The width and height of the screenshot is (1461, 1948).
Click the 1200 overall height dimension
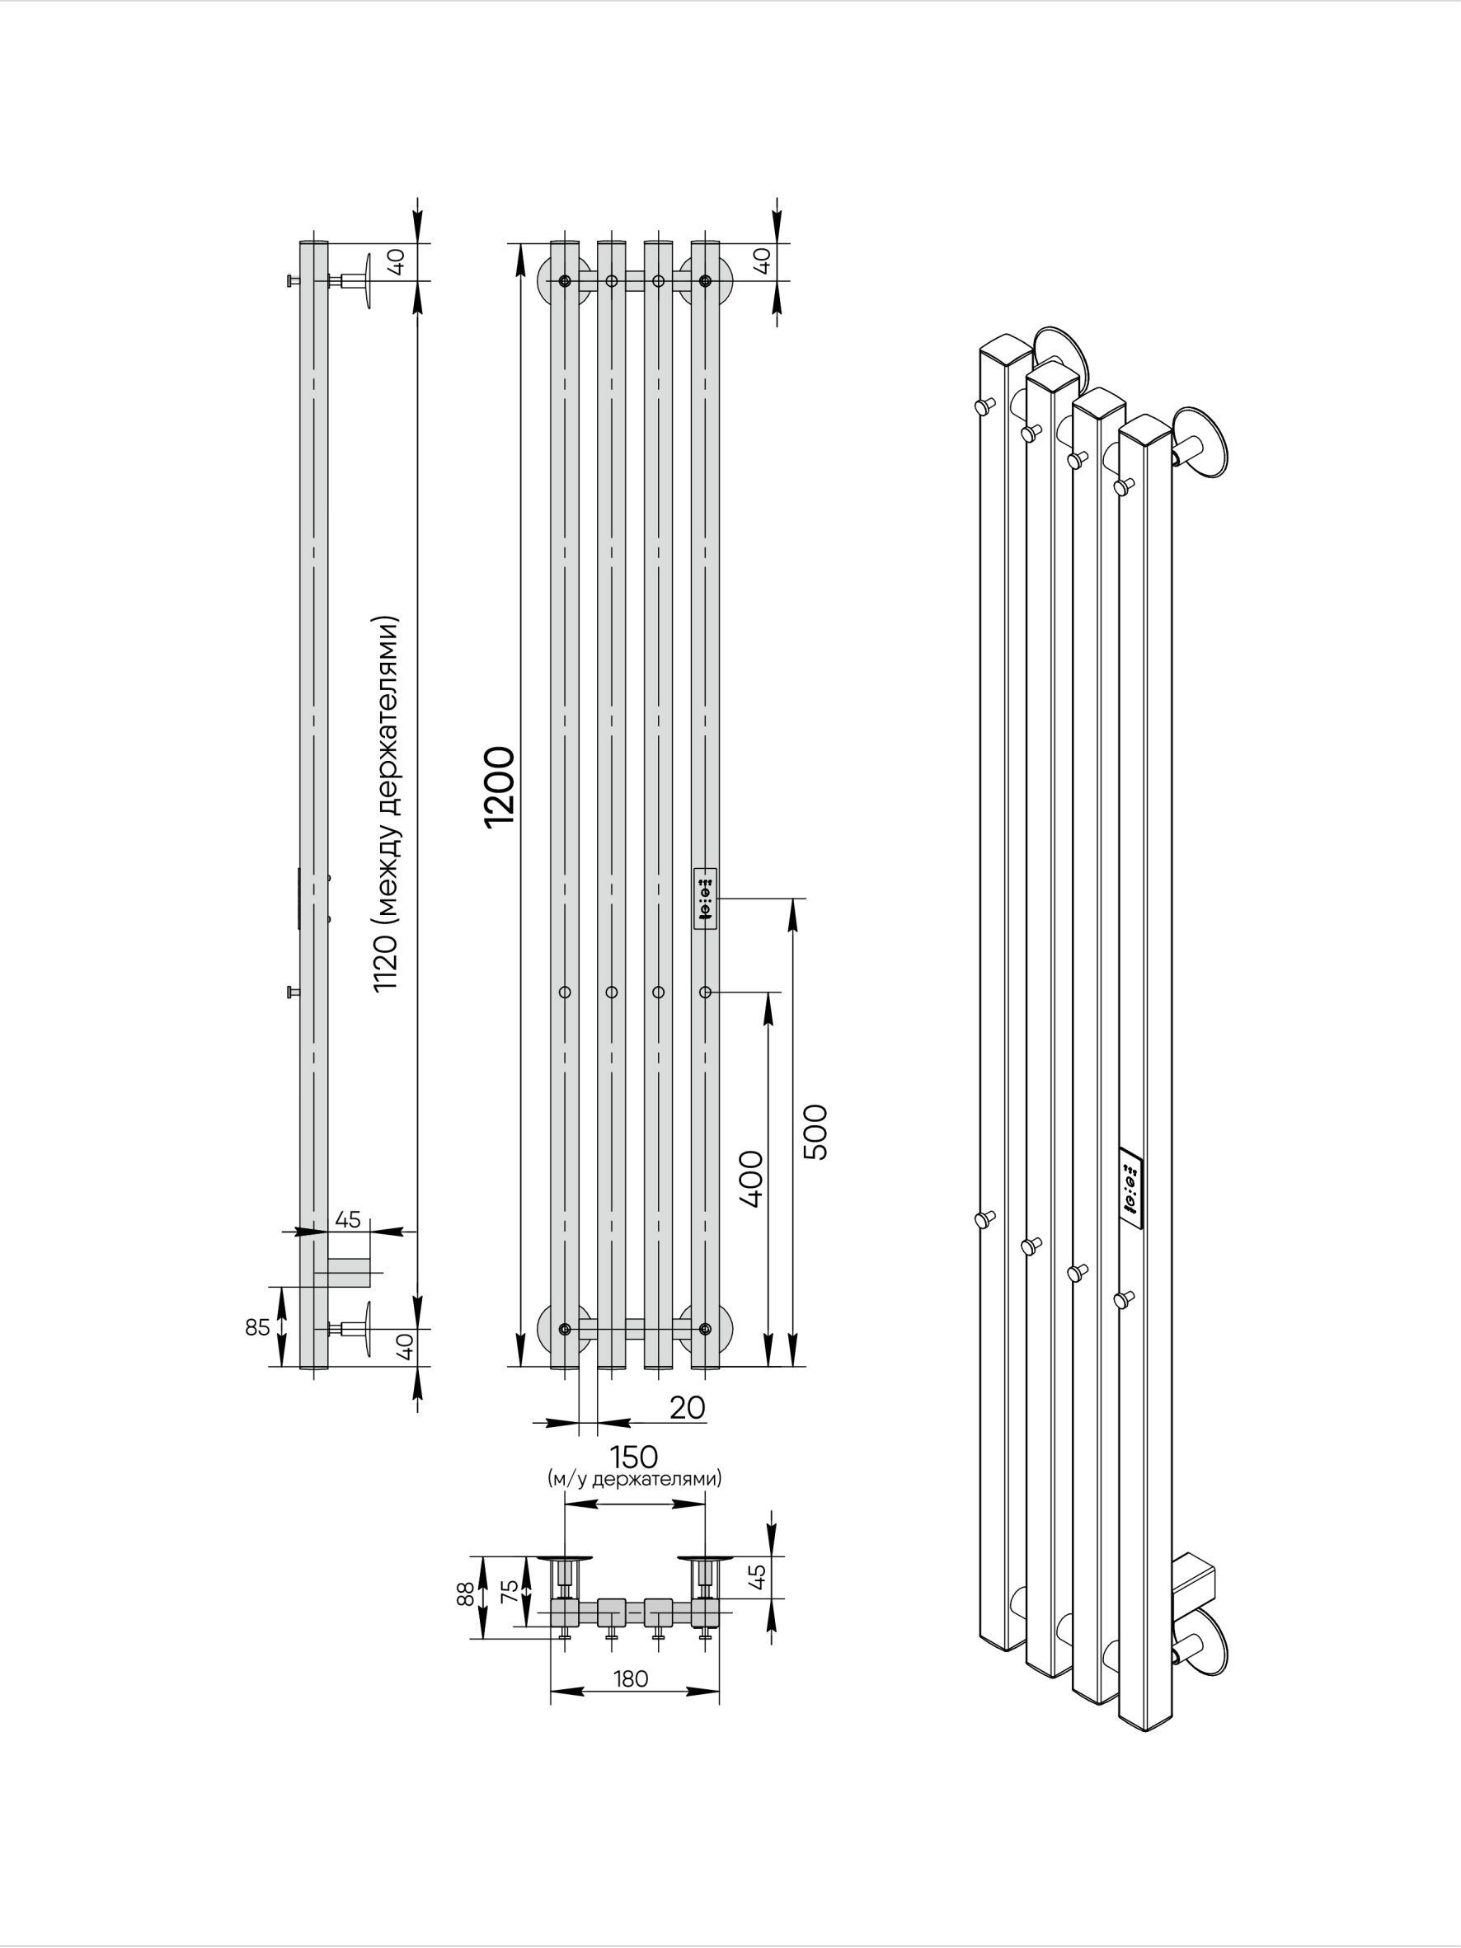[500, 786]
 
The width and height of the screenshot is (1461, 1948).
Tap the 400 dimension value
[751, 1178]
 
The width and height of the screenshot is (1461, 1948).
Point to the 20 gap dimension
[687, 1407]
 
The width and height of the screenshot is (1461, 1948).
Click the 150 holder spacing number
[634, 1457]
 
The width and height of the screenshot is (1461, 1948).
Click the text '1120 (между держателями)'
[387, 804]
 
